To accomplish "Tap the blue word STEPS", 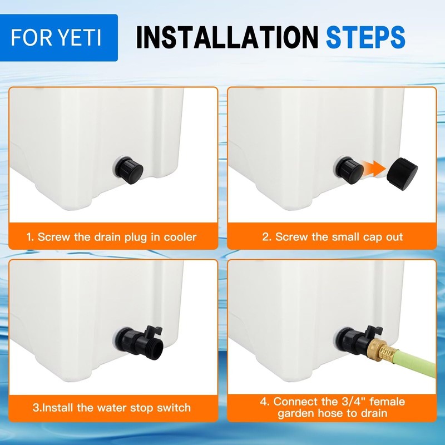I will [365, 37].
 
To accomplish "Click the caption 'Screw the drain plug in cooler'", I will [111, 237].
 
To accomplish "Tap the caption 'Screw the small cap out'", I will [333, 237].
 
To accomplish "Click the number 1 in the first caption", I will [29, 237].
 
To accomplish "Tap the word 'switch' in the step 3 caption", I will [173, 408].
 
